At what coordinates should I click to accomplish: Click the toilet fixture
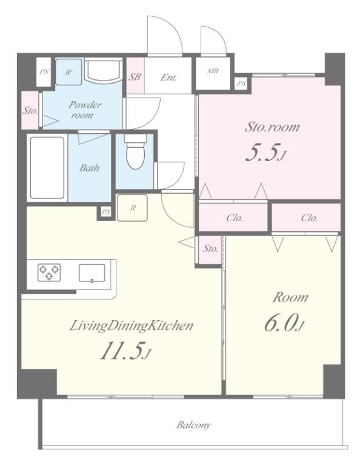pos(135,151)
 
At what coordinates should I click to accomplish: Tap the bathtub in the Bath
pos(47,168)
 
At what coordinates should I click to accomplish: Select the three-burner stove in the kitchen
pos(49,272)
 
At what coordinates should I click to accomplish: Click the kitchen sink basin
pos(92,273)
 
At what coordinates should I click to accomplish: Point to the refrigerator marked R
pos(132,208)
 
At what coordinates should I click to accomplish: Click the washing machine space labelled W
pos(68,72)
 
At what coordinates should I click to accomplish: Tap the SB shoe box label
pos(135,77)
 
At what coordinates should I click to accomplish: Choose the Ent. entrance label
pos(168,77)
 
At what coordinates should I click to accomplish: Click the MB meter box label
pos(213,71)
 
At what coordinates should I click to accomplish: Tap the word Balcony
pos(194,425)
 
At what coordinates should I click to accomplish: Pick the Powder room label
pos(85,110)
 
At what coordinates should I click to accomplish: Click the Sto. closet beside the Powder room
pos(30,110)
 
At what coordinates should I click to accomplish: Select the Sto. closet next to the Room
pos(210,249)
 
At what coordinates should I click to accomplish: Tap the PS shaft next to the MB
pos(241,84)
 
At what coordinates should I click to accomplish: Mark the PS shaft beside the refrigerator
pos(105,212)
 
